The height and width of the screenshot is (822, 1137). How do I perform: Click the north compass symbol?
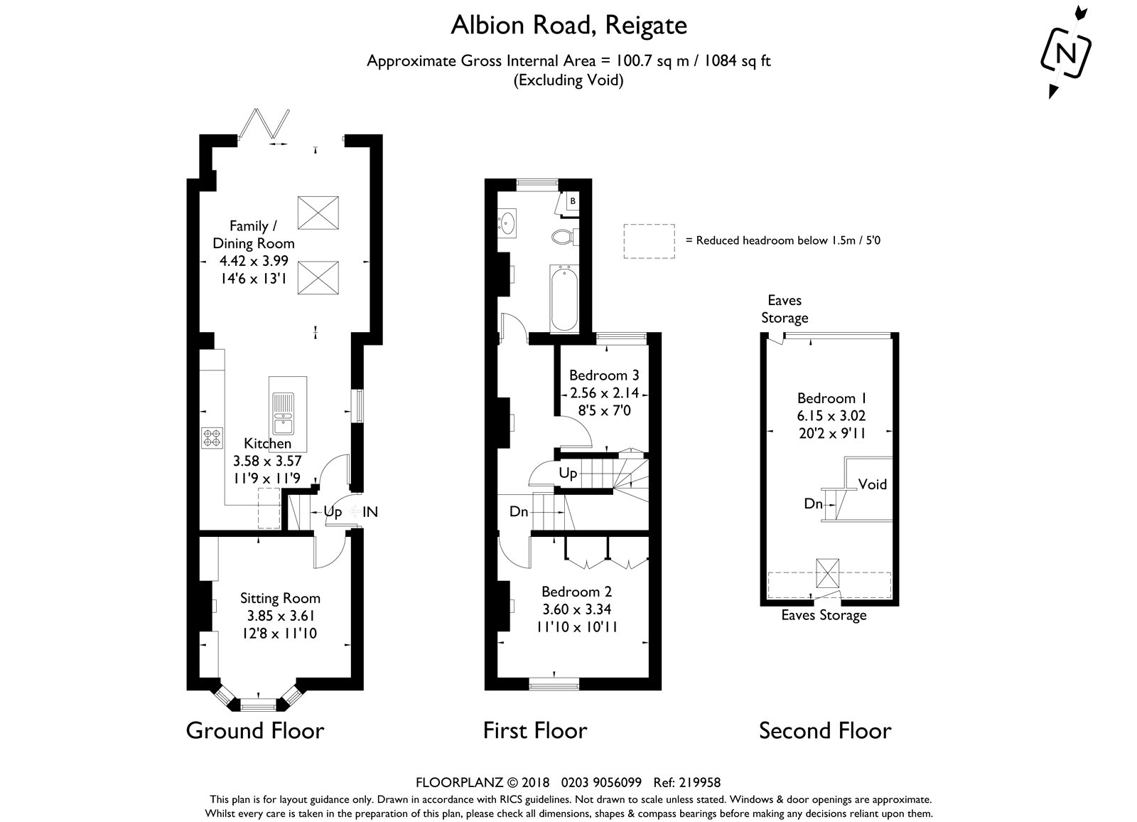point(1066,53)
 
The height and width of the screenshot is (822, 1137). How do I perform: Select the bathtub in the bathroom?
point(564,298)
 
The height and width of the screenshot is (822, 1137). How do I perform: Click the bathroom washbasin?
point(507,223)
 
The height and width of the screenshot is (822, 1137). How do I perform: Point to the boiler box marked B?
point(573,201)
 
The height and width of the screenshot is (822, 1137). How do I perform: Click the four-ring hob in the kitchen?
point(212,438)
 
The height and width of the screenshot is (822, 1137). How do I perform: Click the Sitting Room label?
point(280,598)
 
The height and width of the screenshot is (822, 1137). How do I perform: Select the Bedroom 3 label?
point(604,375)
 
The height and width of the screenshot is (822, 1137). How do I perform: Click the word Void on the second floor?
point(873,484)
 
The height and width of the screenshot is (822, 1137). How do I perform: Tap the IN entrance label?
point(370,511)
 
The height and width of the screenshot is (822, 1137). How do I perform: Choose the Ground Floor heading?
point(255,730)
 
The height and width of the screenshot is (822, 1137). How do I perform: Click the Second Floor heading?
point(825,730)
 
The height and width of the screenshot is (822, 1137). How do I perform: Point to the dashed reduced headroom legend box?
point(650,241)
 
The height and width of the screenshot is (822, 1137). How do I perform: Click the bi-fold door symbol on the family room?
point(264,124)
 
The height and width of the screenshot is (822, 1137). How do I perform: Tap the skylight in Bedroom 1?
point(828,573)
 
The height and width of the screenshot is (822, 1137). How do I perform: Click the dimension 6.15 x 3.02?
point(831,415)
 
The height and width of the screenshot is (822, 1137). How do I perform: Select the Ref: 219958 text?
point(687,782)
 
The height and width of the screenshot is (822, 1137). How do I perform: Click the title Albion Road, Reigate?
point(569,26)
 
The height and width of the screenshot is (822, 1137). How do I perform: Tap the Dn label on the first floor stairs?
point(519,511)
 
